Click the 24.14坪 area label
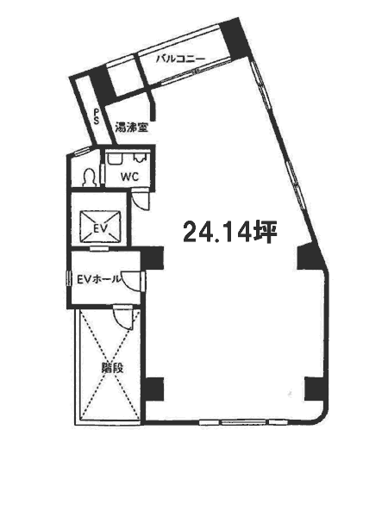point(229,232)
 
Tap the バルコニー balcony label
point(180,59)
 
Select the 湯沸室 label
point(131,128)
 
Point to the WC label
point(129,177)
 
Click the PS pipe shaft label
point(96,116)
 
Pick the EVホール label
point(98,279)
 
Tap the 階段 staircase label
point(112,368)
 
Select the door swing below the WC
point(141,198)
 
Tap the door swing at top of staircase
point(123,317)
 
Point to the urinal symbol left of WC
point(90,178)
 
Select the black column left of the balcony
point(103,85)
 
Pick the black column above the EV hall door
point(152,258)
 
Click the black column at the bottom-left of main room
point(153,389)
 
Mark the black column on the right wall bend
point(310,257)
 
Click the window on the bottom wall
point(243,421)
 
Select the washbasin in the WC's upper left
point(116,159)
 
